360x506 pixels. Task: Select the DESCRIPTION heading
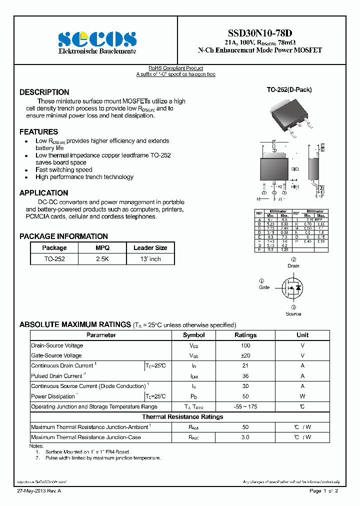44,92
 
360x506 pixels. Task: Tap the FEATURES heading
39,132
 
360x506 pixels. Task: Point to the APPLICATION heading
44,193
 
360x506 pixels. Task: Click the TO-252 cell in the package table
54,259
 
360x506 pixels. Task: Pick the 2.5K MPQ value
102,259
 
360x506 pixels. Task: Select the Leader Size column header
150,248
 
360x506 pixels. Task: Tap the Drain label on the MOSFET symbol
293,266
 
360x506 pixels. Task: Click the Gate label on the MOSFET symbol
264,287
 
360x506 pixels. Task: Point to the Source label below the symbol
293,313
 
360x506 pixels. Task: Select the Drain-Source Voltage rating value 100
245,345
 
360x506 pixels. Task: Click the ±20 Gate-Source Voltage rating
245,355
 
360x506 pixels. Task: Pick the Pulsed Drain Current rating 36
245,376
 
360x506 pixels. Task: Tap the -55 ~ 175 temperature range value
245,407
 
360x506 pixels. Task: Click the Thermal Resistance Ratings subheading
182,417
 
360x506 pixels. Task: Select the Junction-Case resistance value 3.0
245,437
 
